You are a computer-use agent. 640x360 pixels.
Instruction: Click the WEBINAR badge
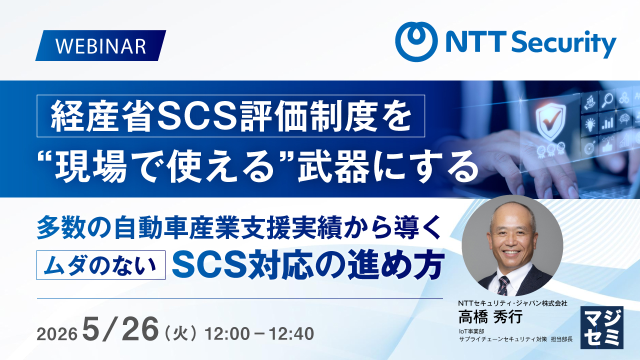coord(100,45)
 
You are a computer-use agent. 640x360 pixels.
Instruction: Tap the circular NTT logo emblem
coord(416,41)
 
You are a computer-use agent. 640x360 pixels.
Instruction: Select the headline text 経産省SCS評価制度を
coord(231,116)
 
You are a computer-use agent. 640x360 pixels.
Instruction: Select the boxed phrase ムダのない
coord(100,265)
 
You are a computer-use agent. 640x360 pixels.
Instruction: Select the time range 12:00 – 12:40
coord(259,333)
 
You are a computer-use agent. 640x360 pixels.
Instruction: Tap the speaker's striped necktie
coord(503,285)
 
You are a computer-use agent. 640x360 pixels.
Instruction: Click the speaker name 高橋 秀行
coord(490,316)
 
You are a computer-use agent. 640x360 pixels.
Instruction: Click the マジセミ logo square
coord(602,327)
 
